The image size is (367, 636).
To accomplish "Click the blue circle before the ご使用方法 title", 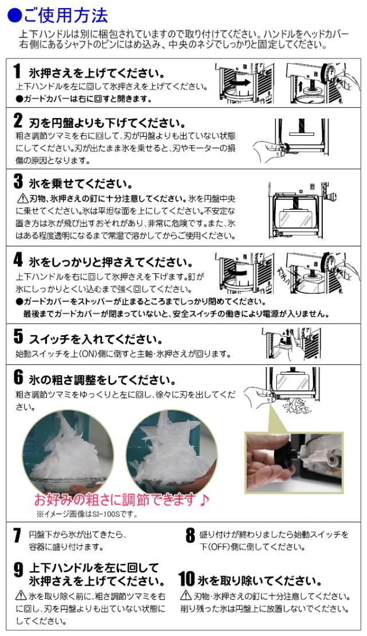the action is tap(14, 16).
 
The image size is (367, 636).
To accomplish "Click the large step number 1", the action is tap(17, 71).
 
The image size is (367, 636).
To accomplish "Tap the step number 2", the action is tap(18, 120).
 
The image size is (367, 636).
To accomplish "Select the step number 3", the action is tap(18, 181).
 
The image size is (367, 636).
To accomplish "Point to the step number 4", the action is tap(18, 260).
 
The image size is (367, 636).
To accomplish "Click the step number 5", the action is tap(18, 336).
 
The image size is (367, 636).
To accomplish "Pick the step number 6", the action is tap(18, 377).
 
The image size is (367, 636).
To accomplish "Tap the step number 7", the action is tap(17, 535).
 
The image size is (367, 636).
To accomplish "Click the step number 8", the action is tap(190, 535).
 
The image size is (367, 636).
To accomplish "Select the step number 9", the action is tap(18, 570).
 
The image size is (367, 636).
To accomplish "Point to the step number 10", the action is tap(186, 579).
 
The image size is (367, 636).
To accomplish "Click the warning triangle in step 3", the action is tap(22, 198).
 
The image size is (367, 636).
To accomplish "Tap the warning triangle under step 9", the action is tap(21, 595).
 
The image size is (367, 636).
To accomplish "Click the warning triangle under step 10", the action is tap(186, 595).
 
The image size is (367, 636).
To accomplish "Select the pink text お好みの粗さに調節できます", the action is tap(121, 499).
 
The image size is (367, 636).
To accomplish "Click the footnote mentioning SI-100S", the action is tap(87, 515).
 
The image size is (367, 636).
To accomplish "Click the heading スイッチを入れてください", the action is tap(96, 339).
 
